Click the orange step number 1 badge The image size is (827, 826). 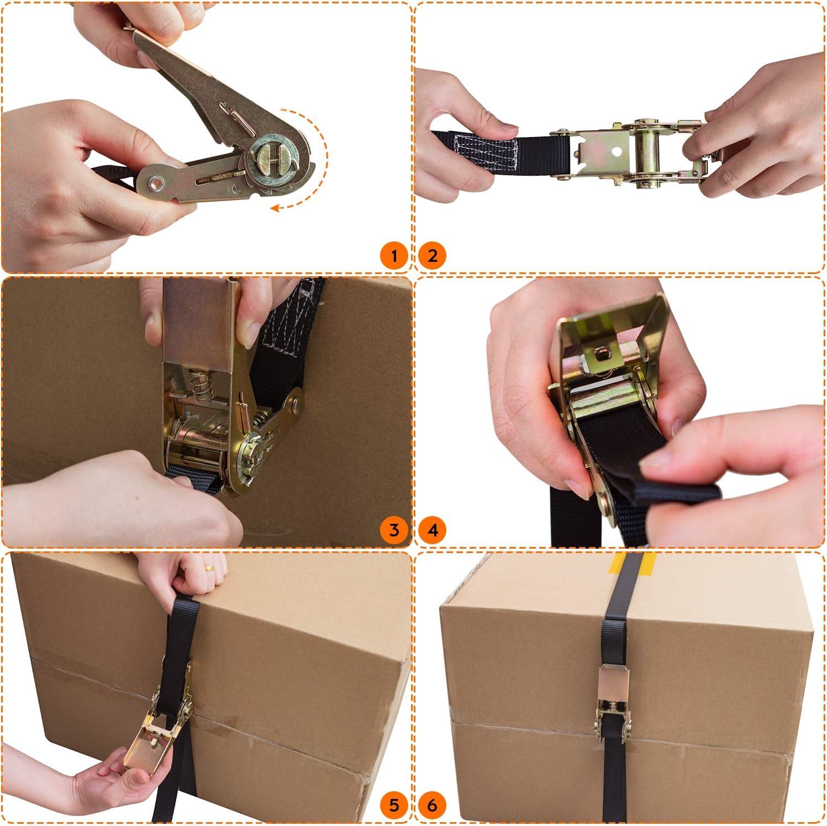[394, 256]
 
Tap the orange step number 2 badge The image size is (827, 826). [433, 256]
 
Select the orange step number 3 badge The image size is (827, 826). [394, 530]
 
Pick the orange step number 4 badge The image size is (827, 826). [433, 530]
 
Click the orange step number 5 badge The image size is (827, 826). [394, 805]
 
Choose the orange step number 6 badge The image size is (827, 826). [433, 805]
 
